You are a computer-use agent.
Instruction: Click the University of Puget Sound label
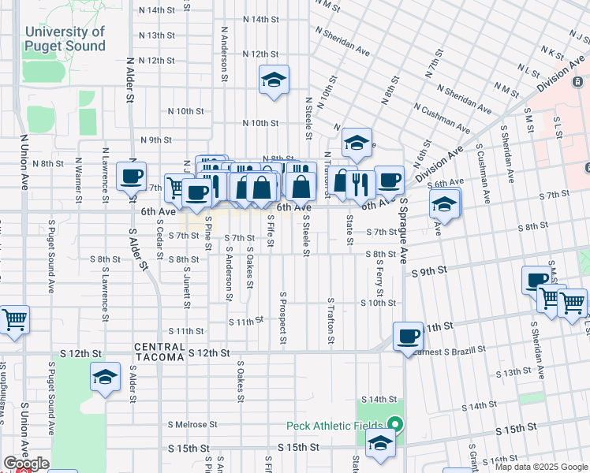[x=64, y=39]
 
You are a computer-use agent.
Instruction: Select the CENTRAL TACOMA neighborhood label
[x=159, y=352]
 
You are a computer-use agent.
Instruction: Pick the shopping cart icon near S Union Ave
[x=13, y=320]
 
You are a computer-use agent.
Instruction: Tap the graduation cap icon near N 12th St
[x=274, y=80]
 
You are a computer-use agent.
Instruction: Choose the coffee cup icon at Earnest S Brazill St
[x=408, y=337]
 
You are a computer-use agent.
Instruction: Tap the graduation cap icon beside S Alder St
[x=106, y=378]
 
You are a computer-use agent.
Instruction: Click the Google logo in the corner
[x=26, y=464]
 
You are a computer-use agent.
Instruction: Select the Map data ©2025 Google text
[x=541, y=467]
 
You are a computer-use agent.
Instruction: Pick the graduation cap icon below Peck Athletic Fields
[x=381, y=445]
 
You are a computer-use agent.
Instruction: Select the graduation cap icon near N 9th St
[x=357, y=143]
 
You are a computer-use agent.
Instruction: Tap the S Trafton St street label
[x=330, y=321]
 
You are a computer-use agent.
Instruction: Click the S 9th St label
[x=429, y=270]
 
